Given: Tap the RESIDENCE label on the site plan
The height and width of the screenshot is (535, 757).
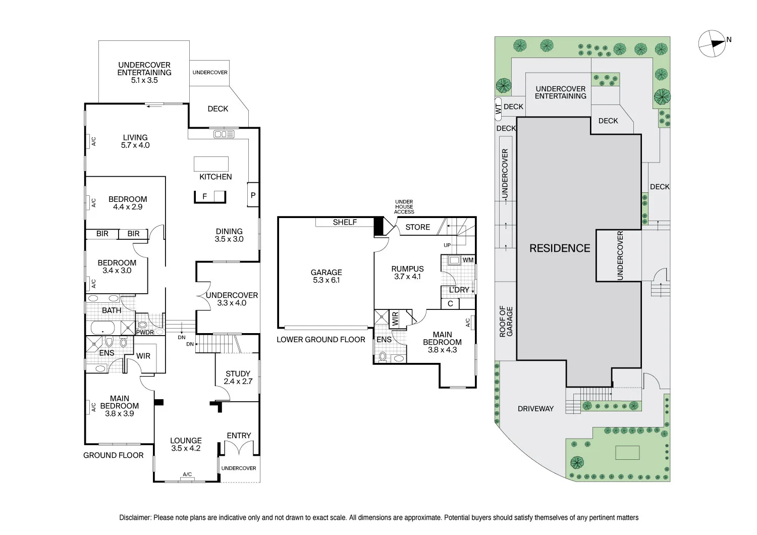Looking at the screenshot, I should point(560,248).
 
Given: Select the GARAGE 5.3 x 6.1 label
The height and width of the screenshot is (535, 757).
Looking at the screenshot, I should point(326,276).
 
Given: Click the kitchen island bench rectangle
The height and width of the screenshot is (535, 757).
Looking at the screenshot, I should point(211,164).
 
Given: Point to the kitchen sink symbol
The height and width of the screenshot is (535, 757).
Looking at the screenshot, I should point(224,134).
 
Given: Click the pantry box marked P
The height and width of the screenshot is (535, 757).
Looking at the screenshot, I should point(253,195).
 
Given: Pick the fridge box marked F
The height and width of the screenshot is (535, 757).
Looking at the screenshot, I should point(205,196).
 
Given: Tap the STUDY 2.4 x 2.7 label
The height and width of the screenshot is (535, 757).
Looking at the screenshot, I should point(238,378).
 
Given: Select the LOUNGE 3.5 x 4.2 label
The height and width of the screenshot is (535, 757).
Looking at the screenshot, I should point(186,444).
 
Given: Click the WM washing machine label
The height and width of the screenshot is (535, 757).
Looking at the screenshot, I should point(468,260).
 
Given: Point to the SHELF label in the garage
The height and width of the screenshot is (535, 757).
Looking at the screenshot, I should point(345,222).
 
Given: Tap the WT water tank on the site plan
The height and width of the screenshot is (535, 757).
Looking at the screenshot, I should point(498,108).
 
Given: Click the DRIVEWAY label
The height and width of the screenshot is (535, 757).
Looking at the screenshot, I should point(535,409).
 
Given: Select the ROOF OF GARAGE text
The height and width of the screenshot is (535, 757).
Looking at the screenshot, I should point(506,322).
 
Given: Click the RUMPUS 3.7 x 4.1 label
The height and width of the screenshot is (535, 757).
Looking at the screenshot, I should point(407,273).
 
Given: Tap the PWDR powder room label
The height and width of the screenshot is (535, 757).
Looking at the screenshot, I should point(145,332).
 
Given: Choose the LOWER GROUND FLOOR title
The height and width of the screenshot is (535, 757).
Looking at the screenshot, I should point(320,340).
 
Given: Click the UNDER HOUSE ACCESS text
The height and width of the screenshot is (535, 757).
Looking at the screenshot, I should point(404,207).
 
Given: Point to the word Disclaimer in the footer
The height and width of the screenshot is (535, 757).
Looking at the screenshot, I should point(135,517).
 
